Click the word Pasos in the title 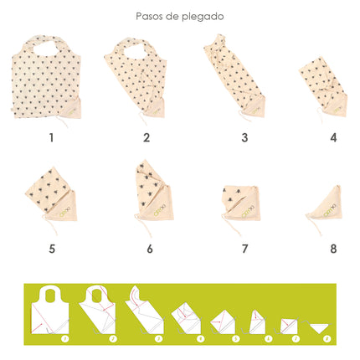tap(150, 16)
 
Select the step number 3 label tap(244, 137)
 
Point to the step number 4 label tap(333, 137)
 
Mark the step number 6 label tap(149, 248)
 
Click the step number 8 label tap(333, 248)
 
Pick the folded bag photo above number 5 tap(55, 199)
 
